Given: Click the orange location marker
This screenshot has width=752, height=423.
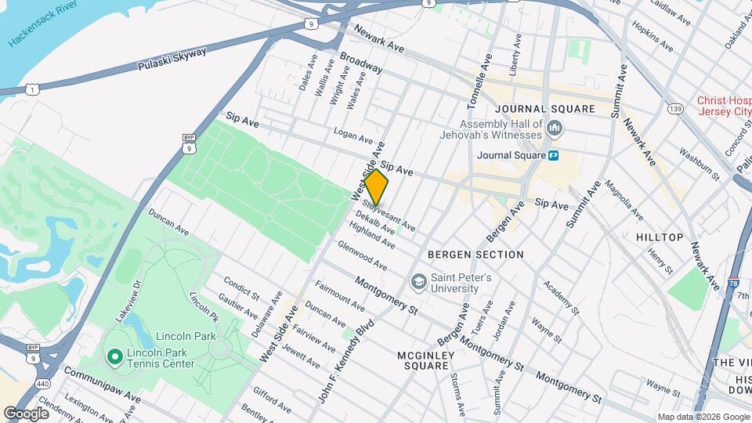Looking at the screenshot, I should pos(376,187).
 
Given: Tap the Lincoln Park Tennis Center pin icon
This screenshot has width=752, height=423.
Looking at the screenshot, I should pos(114,357).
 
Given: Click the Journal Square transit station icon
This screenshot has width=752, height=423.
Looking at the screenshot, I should pos(553,155).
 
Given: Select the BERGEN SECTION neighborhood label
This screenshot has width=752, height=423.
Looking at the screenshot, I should pos(475,255).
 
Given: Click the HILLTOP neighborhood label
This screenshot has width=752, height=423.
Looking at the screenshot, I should pos(659,237).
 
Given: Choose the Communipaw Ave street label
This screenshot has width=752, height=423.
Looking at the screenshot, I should pos(103,385).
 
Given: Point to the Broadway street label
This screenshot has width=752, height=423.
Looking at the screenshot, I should pos(360,63).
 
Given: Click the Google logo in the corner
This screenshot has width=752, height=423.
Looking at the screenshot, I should pos(26,412).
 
